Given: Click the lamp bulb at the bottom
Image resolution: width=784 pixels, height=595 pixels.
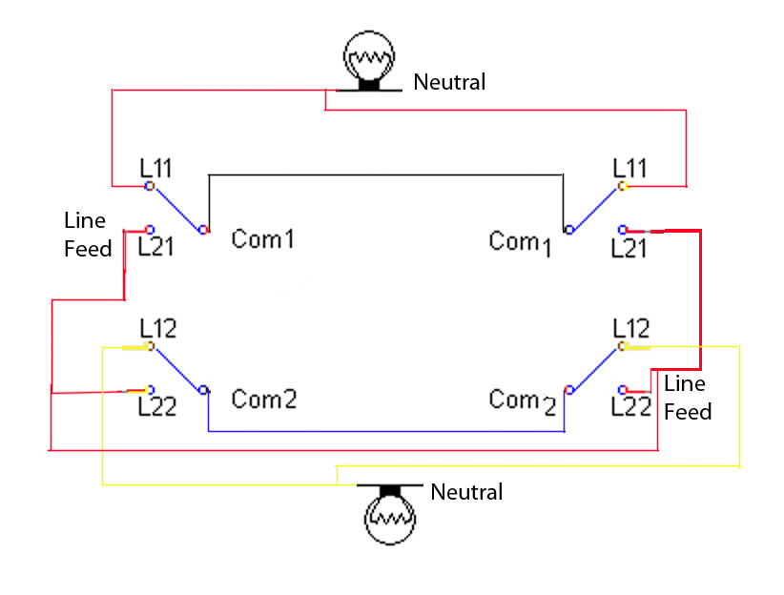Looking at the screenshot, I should coord(390,518).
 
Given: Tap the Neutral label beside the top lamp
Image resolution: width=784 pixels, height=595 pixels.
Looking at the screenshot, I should coord(449,82).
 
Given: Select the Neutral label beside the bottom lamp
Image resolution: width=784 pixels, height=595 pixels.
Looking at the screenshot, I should coord(466,492).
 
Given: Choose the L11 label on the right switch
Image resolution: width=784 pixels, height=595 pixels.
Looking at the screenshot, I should coord(629,168).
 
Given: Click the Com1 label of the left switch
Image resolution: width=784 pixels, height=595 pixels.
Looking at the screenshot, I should coord(262,238).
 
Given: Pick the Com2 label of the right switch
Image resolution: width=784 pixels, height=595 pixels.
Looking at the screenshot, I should coord(522,400).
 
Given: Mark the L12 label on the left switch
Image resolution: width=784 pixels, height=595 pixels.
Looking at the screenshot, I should coord(157,328).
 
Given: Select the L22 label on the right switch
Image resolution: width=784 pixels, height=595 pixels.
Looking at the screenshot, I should coord(630,407).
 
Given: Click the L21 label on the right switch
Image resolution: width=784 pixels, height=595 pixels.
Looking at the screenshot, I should coord(629,248).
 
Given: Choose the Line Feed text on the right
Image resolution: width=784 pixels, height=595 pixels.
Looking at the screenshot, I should coord(687,398).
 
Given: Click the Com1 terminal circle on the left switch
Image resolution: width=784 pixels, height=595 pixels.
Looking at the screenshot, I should coord(203,230).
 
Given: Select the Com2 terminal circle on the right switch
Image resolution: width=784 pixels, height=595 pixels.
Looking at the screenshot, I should coord(569,389).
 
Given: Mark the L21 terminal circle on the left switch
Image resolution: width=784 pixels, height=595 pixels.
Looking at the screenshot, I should coord(150,230).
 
